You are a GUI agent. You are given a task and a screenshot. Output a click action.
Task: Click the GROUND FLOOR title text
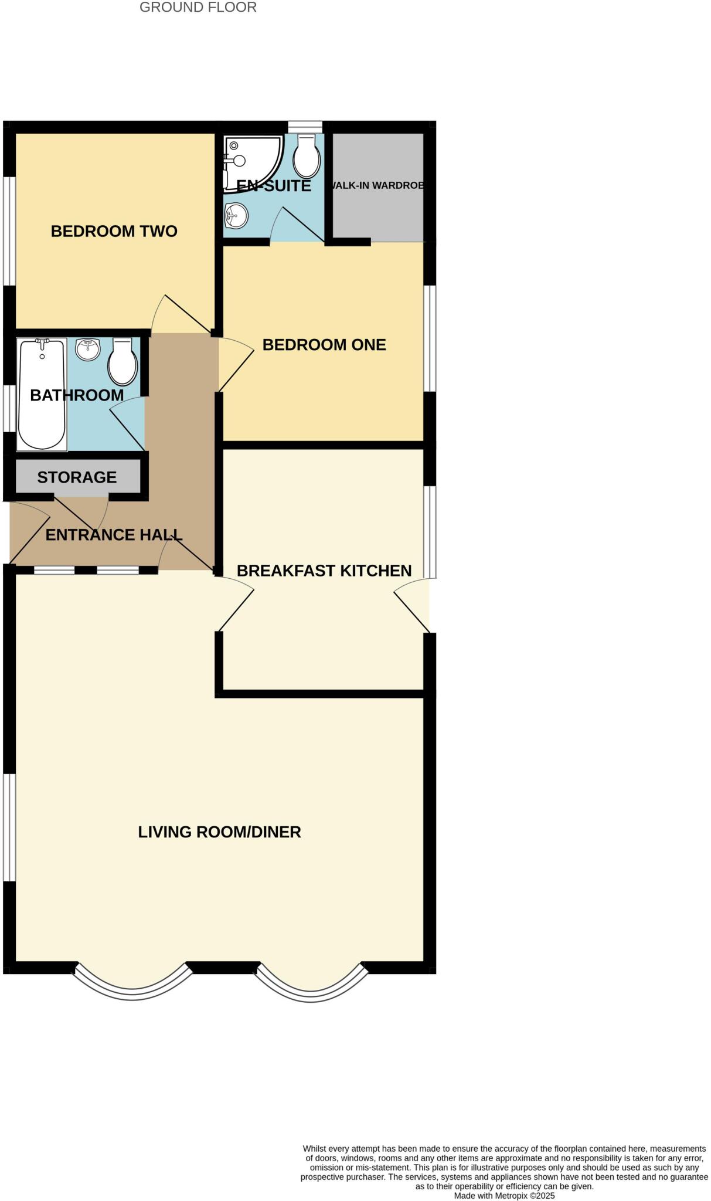tap(198, 8)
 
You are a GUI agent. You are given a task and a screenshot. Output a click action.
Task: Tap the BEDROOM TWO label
tap(114, 231)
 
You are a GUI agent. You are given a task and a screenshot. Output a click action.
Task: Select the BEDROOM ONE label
tap(324, 345)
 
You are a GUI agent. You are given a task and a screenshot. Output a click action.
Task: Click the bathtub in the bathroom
tap(42, 394)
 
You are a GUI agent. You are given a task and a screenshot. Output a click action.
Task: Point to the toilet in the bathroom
tap(123, 362)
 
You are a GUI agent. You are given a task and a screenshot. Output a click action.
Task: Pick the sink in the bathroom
tap(88, 350)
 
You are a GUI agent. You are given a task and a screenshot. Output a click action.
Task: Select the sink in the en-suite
tap(236, 215)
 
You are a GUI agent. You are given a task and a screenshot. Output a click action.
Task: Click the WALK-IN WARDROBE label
tap(377, 185)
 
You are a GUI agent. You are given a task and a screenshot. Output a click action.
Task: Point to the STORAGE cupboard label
tap(77, 477)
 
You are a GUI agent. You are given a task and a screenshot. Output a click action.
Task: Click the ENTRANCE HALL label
tap(114, 535)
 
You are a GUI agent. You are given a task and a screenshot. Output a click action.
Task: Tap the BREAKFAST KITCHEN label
tap(324, 571)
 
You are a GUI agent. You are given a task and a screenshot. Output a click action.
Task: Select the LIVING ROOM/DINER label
tap(219, 832)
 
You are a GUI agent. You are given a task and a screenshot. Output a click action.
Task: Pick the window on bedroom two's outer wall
tap(9, 231)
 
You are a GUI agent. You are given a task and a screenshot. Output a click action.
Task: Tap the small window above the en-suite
tap(305, 127)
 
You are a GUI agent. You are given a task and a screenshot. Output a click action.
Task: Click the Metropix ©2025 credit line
tap(504, 1195)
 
